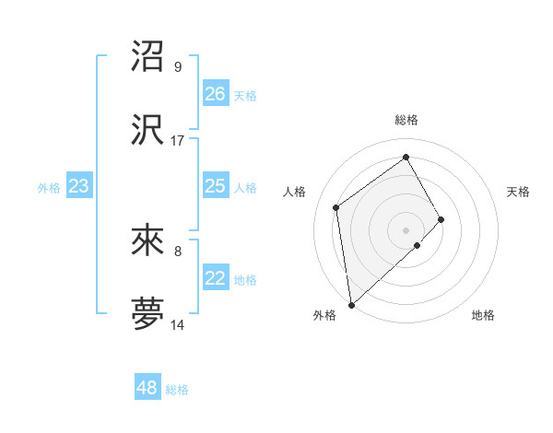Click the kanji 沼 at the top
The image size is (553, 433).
pos(147,57)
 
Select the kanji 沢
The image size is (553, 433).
pos(147,131)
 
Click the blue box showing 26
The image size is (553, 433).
pos(215,94)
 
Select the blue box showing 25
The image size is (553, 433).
pos(215,187)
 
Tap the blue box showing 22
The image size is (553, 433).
pos(215,279)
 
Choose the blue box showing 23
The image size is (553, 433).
pos(78,187)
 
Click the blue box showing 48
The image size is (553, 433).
pos(147,388)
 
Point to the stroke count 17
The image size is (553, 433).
pos(178,141)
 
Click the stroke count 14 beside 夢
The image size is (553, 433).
pos(178,325)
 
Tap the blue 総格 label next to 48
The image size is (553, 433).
pos(177,390)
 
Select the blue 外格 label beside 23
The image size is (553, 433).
pos(49,188)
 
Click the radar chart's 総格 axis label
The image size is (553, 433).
pos(406,120)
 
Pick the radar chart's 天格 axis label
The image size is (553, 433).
pos(518,192)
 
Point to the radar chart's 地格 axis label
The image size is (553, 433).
pos(483,315)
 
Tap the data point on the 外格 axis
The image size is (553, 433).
pos(351,305)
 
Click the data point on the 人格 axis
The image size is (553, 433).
pos(336,207)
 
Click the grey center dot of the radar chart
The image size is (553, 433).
pos(406,229)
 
